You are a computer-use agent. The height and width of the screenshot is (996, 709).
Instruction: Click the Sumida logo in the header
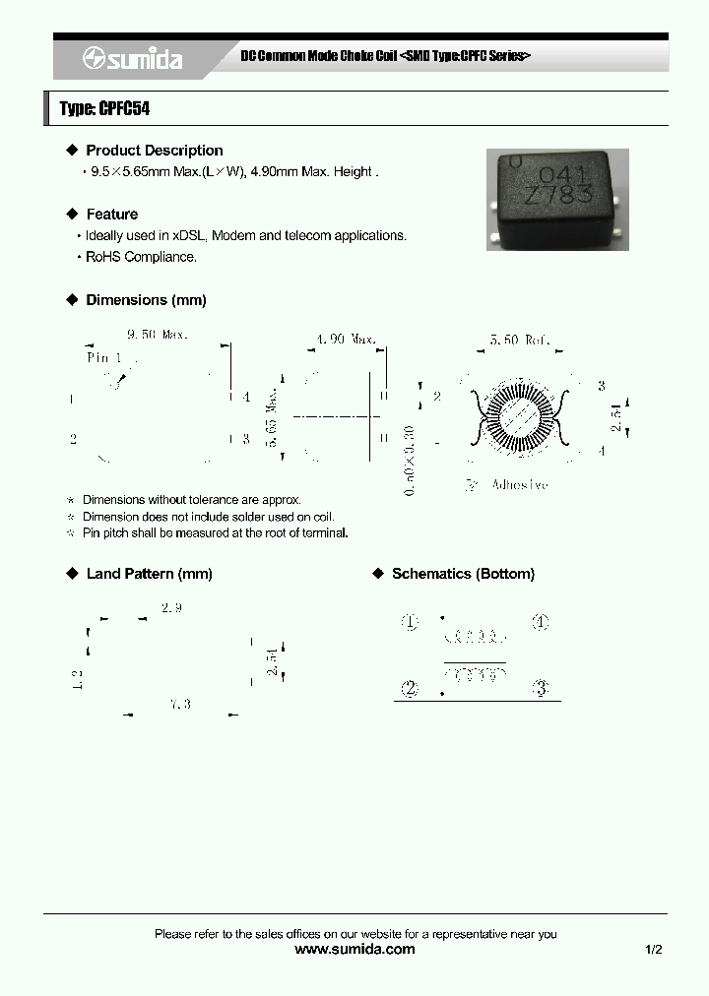point(133,59)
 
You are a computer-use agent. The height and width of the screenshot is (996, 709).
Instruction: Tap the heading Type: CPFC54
point(105,109)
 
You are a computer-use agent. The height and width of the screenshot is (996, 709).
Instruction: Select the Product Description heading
point(154,151)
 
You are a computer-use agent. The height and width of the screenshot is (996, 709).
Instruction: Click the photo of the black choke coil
point(556,199)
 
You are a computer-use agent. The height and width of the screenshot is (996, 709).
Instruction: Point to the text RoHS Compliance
point(141,257)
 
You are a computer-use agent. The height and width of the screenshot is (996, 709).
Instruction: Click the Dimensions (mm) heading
point(146,300)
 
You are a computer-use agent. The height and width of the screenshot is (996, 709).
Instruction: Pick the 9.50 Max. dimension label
point(158,335)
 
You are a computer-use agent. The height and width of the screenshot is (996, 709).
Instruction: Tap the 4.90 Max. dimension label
point(346,339)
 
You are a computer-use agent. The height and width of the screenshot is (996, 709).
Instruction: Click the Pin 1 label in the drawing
point(104,358)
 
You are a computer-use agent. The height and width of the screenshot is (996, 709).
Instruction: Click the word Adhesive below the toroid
point(519,484)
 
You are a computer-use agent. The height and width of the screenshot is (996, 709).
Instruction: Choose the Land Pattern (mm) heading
point(149,574)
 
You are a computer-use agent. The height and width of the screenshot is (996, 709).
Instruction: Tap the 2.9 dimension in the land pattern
point(171,608)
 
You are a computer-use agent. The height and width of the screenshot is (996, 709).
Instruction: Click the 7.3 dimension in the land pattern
point(179,704)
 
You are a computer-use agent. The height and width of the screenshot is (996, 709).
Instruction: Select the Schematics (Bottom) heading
point(463,574)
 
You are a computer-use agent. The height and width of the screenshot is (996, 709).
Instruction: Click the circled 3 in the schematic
point(540,689)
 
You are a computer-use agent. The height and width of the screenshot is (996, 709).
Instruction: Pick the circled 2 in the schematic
point(411,689)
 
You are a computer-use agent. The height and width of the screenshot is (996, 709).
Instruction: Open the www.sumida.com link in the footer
point(354,950)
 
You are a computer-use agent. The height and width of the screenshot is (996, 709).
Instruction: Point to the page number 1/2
point(654,950)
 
